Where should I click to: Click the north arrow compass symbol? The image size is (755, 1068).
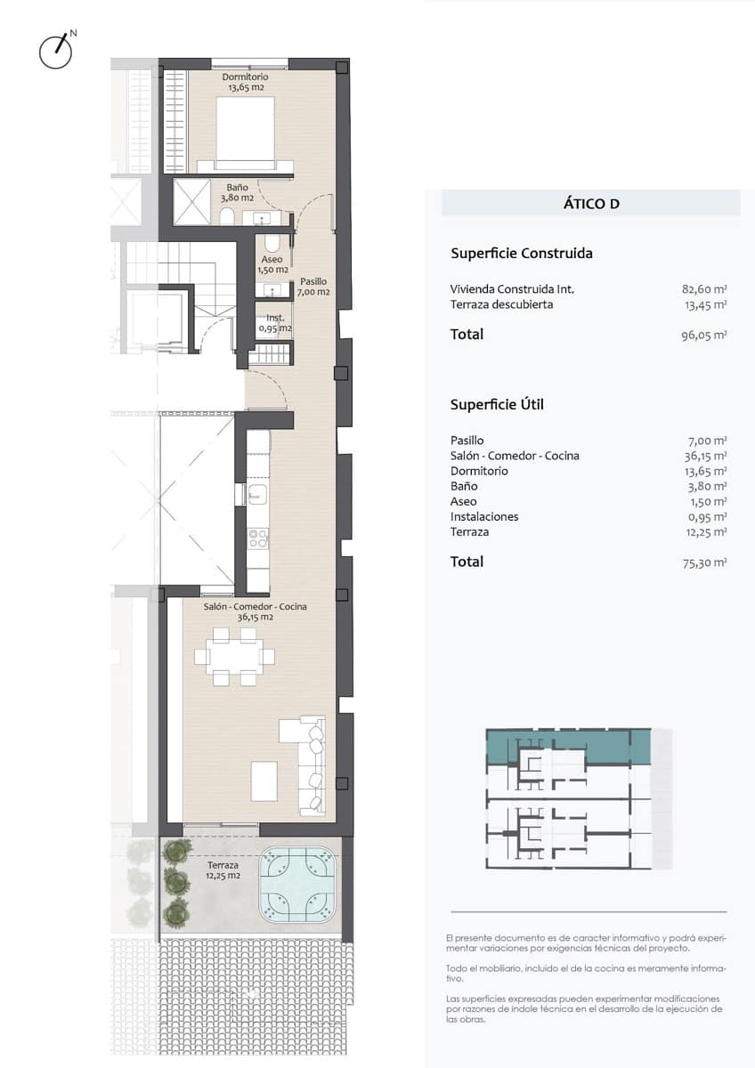(x=56, y=52)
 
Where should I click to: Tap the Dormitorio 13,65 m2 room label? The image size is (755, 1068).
(x=245, y=83)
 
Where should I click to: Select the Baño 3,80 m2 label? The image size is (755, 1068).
(x=237, y=192)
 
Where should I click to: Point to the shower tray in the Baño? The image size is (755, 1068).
(x=191, y=202)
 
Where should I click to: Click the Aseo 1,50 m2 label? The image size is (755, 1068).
(x=272, y=264)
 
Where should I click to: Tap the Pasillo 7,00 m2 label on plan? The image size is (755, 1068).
(x=313, y=286)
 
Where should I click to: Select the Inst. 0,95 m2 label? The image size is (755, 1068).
(x=275, y=322)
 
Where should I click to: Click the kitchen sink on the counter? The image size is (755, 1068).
(x=257, y=494)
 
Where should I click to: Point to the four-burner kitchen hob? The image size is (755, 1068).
(x=257, y=538)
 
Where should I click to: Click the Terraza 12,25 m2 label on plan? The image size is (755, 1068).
(x=223, y=870)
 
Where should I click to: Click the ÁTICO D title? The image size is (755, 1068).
(x=591, y=204)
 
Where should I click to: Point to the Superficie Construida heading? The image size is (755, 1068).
(x=522, y=254)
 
